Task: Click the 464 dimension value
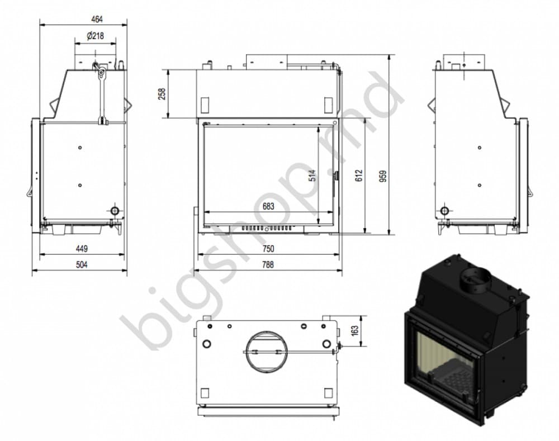pos(97,19)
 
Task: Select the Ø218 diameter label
pos(95,36)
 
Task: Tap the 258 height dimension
pos(162,94)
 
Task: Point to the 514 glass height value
pos(312,176)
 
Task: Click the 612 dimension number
pos(359,176)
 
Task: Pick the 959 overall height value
pos(383,176)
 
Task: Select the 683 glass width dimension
pos(268,206)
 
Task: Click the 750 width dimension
pos(268,249)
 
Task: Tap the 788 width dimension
pos(268,264)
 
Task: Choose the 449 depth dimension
pos(82,249)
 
